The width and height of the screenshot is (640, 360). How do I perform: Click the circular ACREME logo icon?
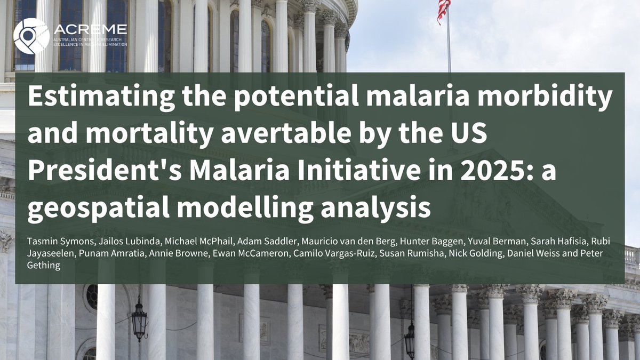(31, 36)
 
